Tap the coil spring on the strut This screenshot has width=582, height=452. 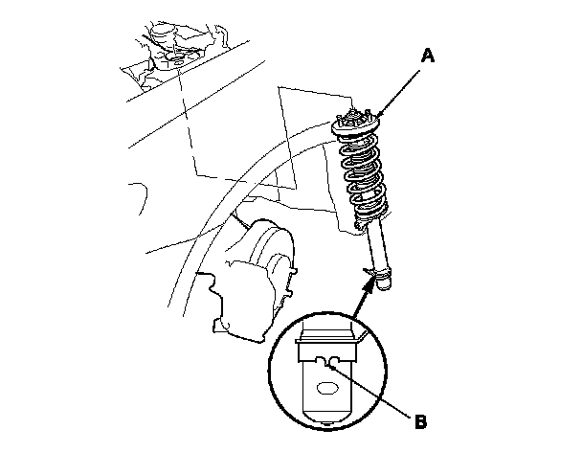click(x=364, y=177)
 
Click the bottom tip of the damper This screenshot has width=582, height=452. click(x=385, y=286)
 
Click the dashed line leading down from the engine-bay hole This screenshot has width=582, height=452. click(x=189, y=124)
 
